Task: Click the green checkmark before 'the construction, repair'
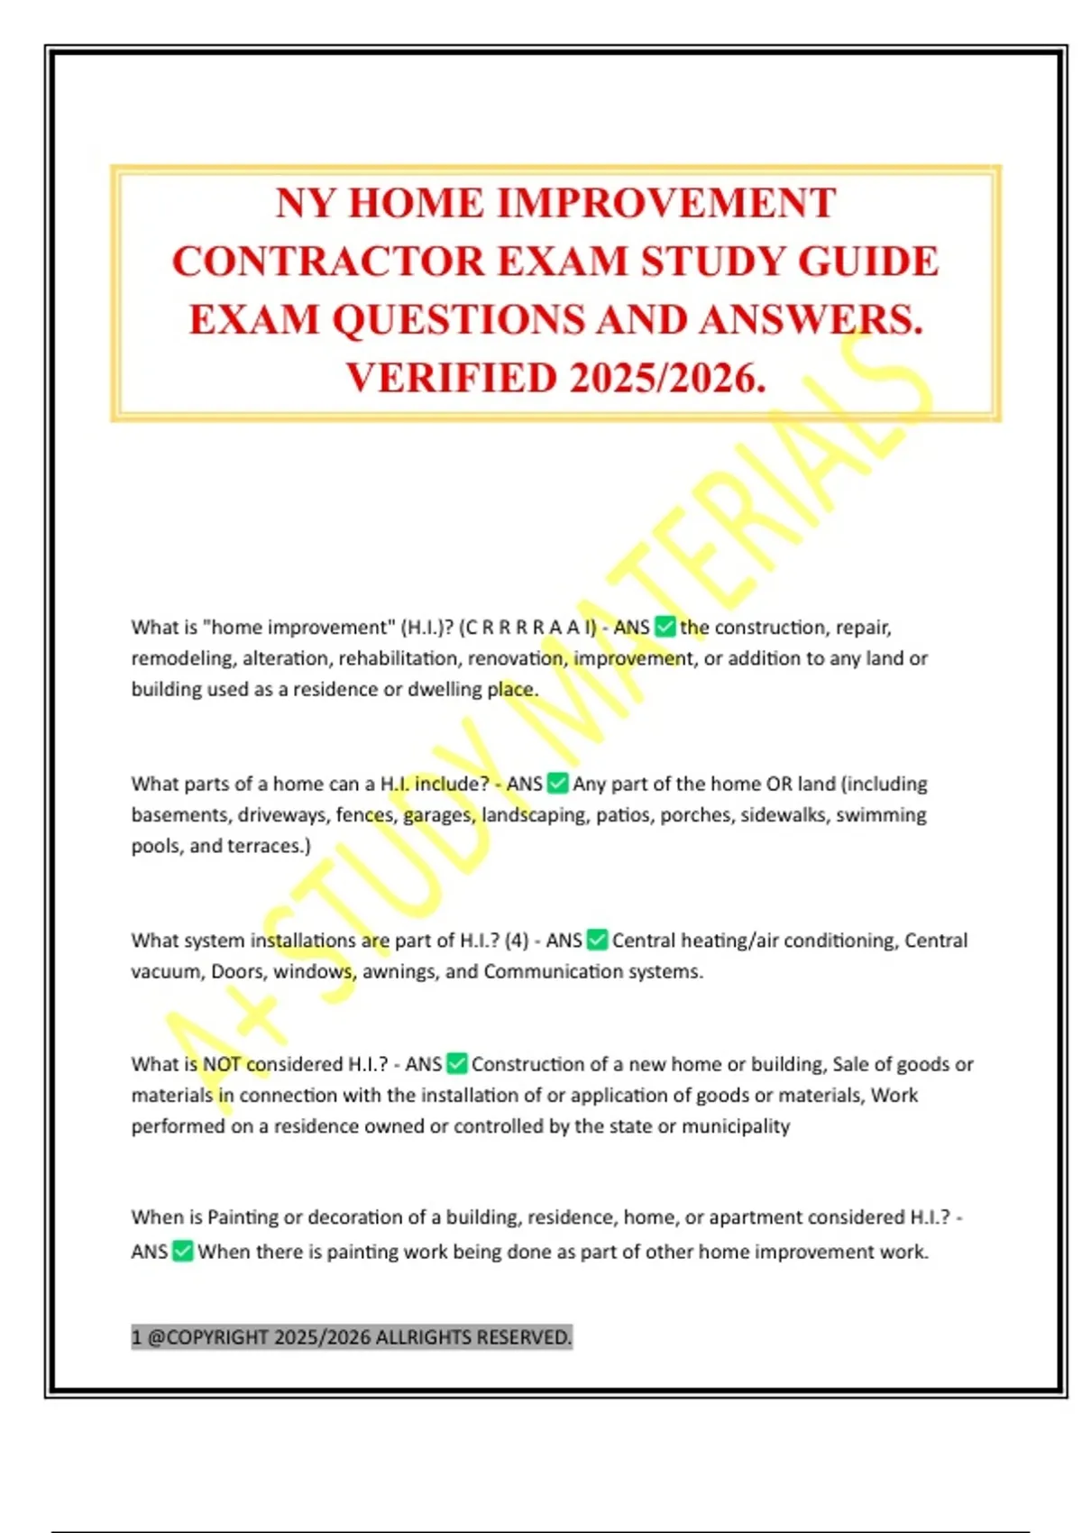pos(665,627)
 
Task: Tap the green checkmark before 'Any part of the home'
pos(558,784)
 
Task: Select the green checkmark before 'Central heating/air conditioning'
pos(597,941)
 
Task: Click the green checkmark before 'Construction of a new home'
pos(457,1064)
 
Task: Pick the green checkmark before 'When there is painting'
pos(183,1252)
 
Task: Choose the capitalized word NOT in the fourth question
pos(222,1064)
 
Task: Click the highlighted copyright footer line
pos(352,1336)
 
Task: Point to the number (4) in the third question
pos(517,941)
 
